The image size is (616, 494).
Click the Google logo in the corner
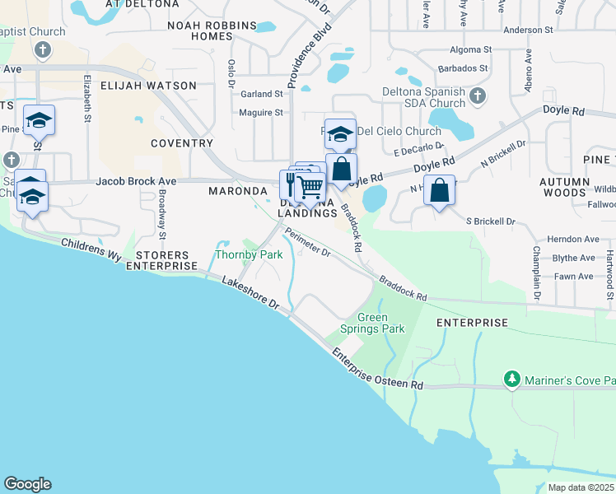click(x=27, y=484)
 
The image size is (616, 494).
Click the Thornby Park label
click(x=249, y=254)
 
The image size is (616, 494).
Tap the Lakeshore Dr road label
click(x=251, y=293)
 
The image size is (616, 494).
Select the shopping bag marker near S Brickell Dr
click(x=440, y=191)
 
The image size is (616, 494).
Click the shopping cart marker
click(x=310, y=187)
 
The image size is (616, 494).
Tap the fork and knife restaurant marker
click(x=292, y=184)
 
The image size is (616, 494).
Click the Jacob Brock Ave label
click(x=136, y=180)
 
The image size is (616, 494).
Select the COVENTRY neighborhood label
click(x=182, y=143)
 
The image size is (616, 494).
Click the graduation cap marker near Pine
click(x=39, y=122)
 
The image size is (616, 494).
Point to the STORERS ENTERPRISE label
click(x=161, y=260)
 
